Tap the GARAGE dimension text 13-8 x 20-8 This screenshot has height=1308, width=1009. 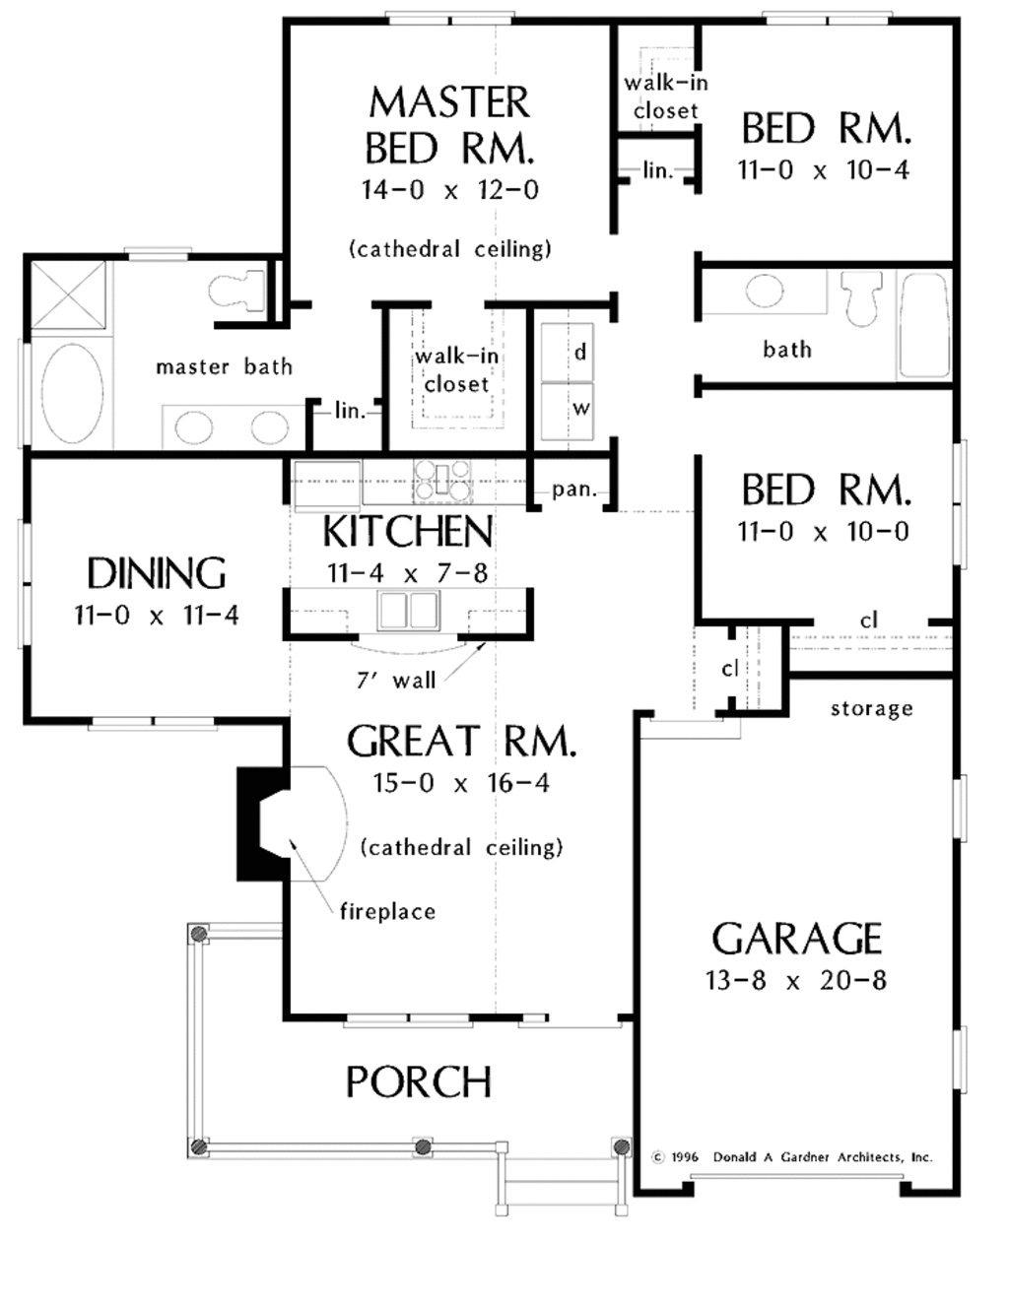click(795, 981)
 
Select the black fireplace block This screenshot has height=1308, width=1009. click(258, 823)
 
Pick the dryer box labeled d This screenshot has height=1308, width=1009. click(568, 352)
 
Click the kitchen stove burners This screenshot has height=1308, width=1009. click(442, 482)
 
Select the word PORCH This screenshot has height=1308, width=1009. click(418, 1082)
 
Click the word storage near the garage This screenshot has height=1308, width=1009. click(871, 709)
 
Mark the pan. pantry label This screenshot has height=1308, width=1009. click(572, 490)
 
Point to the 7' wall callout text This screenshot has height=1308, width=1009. click(396, 680)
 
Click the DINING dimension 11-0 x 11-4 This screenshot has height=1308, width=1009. click(157, 616)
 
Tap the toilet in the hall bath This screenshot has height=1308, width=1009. click(861, 296)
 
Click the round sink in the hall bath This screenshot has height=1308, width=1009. click(765, 291)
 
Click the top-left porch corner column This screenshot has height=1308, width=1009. click(199, 934)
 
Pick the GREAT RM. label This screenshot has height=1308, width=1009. click(460, 742)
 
